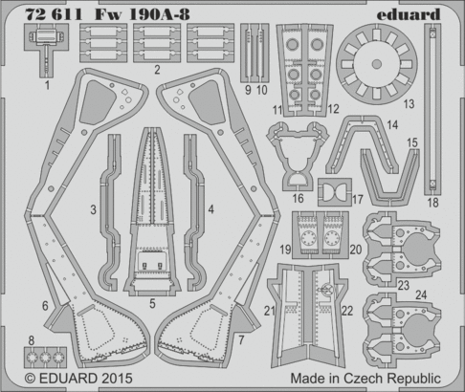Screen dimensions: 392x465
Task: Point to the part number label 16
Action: pyautogui.click(x=299, y=198)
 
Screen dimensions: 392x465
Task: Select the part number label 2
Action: pyautogui.click(x=155, y=70)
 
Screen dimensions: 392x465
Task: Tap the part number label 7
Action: pyautogui.click(x=242, y=338)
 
